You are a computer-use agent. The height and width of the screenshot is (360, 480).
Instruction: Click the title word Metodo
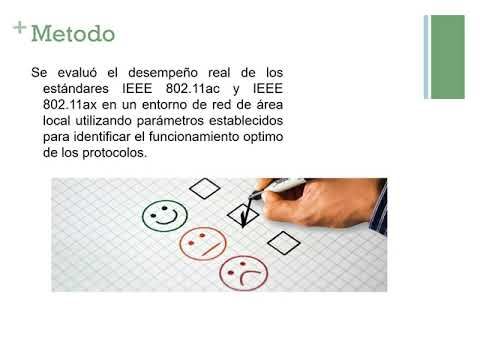click(x=73, y=34)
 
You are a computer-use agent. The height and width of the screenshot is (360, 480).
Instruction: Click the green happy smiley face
click(x=164, y=213)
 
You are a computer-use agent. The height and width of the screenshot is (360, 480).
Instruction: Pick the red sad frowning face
click(x=243, y=270)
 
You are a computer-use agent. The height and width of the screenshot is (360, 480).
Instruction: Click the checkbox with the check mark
click(x=243, y=212)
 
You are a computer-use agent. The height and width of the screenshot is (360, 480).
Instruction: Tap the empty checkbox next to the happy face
click(x=204, y=187)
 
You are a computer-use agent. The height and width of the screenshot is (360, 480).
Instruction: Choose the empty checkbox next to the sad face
click(x=284, y=240)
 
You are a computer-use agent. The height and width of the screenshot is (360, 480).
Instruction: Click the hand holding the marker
click(x=330, y=200)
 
